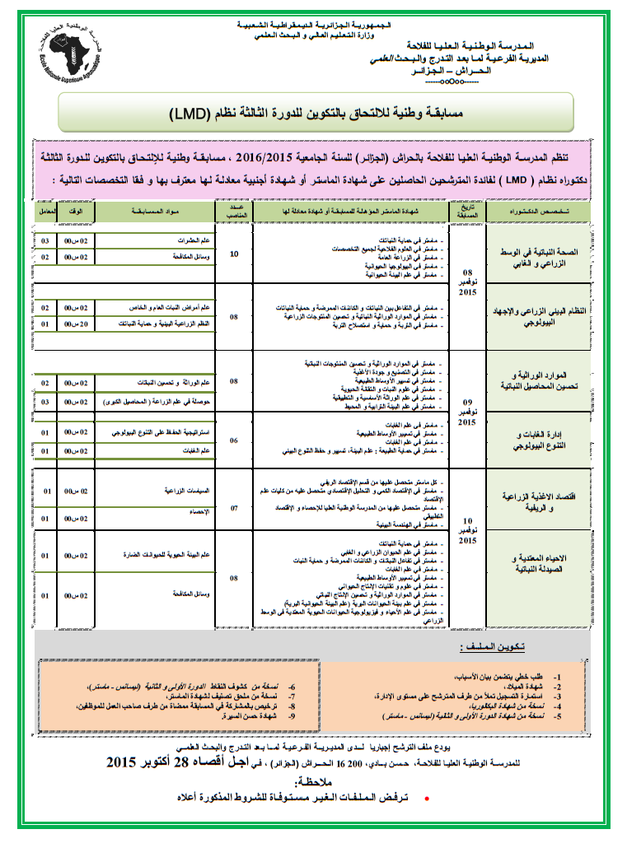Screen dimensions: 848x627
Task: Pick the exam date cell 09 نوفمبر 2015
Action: (467, 413)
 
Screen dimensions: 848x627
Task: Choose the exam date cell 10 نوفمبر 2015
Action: (467, 531)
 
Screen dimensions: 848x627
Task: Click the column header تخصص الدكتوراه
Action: (540, 212)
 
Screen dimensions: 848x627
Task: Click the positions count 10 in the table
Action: (234, 255)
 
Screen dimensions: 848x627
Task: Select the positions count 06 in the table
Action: (234, 440)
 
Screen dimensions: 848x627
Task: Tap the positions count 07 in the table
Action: (234, 507)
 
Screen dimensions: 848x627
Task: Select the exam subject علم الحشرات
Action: (194, 240)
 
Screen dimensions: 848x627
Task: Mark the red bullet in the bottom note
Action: (425, 799)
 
